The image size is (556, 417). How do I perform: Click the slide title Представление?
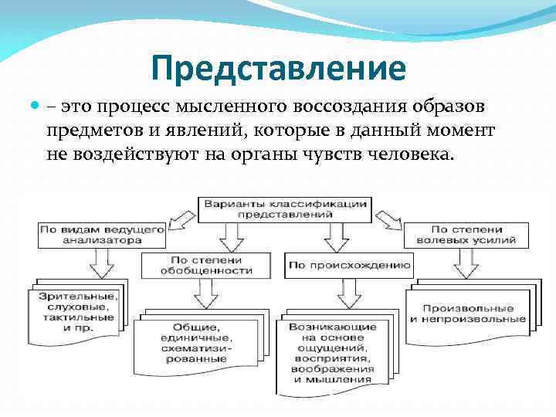click(x=278, y=68)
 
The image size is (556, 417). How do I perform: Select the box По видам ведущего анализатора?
click(x=101, y=235)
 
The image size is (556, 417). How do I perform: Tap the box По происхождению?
click(x=349, y=265)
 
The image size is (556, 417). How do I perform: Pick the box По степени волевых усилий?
click(x=466, y=235)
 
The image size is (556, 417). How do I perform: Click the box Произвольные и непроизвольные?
click(x=468, y=312)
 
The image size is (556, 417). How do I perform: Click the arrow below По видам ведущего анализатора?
click(x=100, y=263)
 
